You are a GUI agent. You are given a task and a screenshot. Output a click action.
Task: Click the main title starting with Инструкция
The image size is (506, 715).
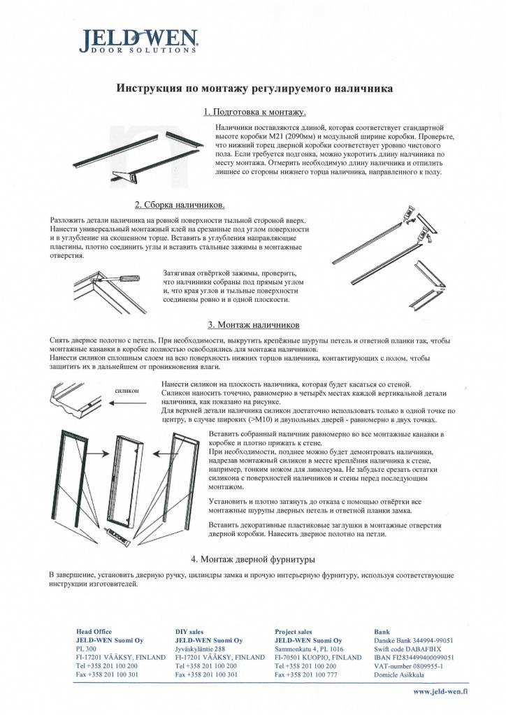254,89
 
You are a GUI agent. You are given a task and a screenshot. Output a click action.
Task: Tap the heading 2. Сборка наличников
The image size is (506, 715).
180,205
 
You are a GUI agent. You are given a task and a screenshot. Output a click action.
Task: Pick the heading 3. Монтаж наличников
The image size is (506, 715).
254,325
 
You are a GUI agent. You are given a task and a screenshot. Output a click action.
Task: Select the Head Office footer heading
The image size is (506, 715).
93,631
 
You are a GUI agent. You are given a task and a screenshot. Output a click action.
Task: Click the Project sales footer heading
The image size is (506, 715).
294,631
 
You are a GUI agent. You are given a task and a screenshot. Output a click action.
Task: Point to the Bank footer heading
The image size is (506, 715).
383,631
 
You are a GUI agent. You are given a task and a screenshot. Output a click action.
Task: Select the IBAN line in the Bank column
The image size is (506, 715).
414,658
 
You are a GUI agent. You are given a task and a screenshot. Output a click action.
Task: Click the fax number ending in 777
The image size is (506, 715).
306,675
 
